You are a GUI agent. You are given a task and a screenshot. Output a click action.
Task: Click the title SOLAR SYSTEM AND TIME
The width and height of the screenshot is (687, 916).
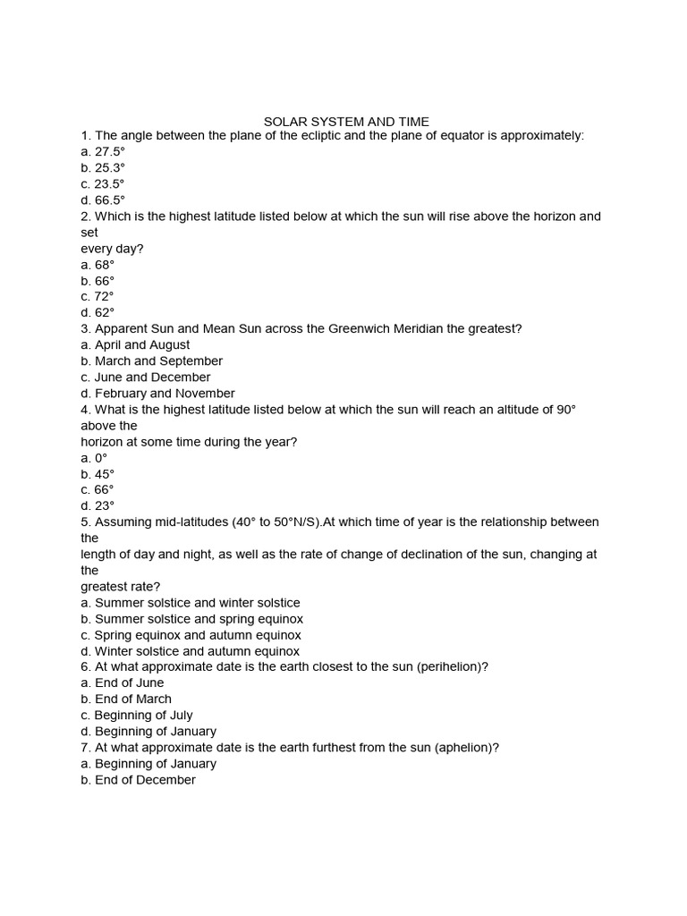346,121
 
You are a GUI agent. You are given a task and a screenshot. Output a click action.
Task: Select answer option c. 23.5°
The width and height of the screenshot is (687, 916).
103,183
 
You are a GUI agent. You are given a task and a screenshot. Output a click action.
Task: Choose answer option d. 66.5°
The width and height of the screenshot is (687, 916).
103,199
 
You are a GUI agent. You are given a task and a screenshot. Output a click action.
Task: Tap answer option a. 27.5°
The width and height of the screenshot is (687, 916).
103,151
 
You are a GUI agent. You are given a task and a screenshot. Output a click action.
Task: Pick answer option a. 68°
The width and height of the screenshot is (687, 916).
98,264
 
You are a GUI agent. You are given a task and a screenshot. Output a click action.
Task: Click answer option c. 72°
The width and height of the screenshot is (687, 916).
98,296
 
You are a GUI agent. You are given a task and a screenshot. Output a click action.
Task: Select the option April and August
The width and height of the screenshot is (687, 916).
135,344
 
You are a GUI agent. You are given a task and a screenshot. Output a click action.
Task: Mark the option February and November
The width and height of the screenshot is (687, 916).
157,393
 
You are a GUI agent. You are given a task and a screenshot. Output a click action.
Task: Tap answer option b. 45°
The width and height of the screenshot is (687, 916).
98,473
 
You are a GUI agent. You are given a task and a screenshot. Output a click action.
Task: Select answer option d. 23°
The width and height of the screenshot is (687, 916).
98,505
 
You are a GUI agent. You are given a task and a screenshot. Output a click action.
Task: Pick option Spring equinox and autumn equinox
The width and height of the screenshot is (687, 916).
191,634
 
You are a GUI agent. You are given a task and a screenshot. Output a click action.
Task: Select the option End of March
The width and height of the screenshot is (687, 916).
126,699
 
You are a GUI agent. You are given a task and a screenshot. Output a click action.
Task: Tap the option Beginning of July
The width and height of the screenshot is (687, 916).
136,715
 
